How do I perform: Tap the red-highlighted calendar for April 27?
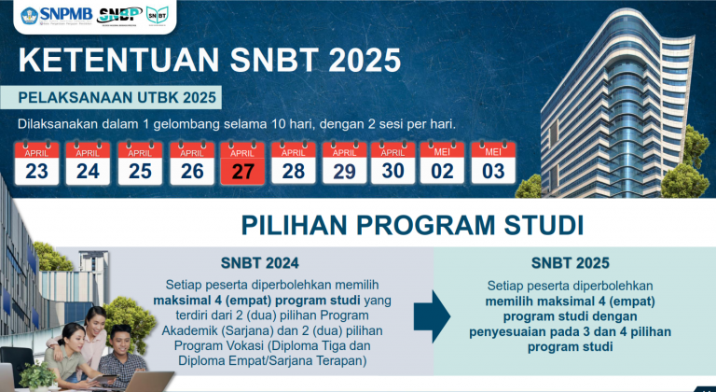point(241,162)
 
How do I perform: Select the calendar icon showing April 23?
point(37,162)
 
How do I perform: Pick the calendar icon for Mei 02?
point(443,162)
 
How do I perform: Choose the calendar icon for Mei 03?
point(494,162)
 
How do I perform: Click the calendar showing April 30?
point(392,162)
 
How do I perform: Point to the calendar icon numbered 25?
point(140,162)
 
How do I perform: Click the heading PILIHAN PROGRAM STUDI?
point(412,225)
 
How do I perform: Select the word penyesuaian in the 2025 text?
point(528,331)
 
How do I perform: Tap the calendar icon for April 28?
point(293,162)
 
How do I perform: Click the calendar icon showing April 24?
point(88,162)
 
